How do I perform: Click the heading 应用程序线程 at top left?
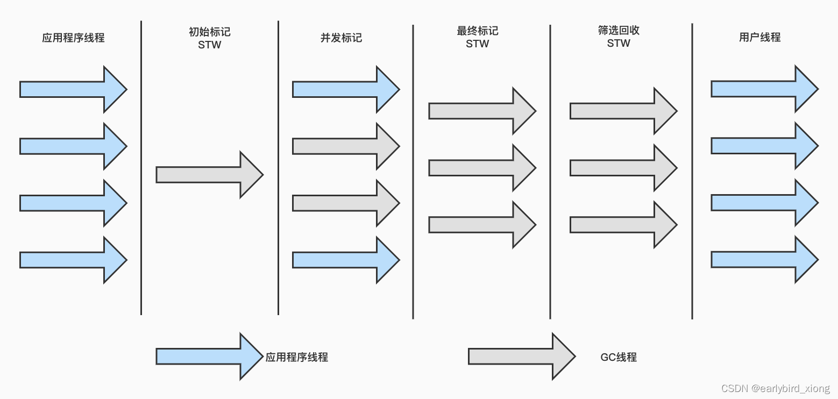(73, 38)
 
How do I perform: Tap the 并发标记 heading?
(341, 38)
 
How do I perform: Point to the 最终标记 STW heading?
(477, 38)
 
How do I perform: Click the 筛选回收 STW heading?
(619, 37)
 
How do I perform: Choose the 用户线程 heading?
(759, 38)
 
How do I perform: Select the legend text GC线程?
(619, 357)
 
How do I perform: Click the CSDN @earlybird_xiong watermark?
(775, 389)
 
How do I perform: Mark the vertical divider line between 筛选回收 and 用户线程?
(692, 172)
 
